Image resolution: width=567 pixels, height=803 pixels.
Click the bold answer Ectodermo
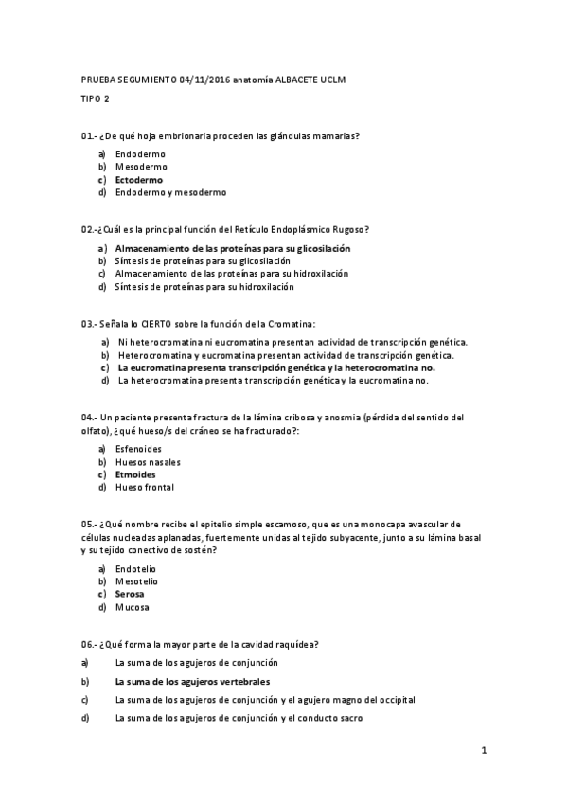(139, 179)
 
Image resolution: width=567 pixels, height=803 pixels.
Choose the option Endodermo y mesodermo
(170, 192)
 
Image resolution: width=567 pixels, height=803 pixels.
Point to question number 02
(87, 229)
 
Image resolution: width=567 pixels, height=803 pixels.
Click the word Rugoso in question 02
(347, 229)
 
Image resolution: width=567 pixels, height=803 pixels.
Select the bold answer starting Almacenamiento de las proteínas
(233, 248)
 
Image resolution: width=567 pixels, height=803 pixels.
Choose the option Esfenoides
(139, 449)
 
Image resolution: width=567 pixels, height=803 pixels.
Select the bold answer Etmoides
(136, 474)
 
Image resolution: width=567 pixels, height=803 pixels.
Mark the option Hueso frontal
(145, 488)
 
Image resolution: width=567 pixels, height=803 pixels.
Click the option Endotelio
(136, 568)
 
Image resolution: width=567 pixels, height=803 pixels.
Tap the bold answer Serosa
(131, 594)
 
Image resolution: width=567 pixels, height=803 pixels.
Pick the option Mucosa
(132, 607)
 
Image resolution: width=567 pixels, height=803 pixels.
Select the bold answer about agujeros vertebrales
(192, 681)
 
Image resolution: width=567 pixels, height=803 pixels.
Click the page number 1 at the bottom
(483, 752)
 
